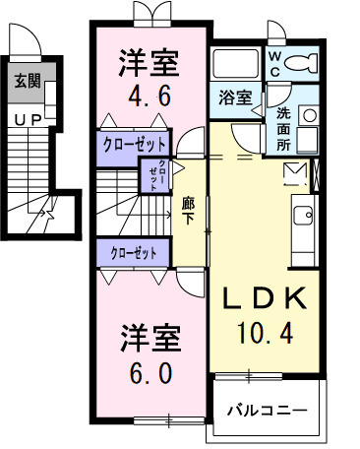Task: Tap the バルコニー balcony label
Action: pyautogui.click(x=267, y=411)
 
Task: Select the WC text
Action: pyautogui.click(x=275, y=64)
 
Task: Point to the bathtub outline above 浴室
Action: pyautogui.click(x=234, y=65)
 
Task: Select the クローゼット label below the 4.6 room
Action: pyautogui.click(x=134, y=144)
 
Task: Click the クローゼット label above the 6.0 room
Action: pyautogui.click(x=134, y=252)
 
